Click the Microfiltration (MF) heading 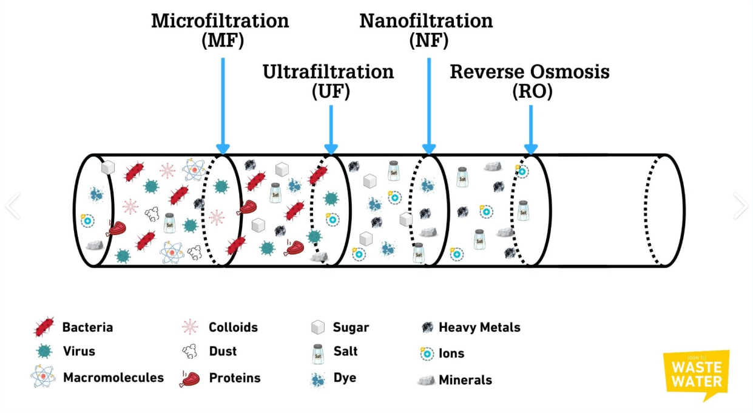[220, 30]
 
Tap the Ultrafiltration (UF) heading [328, 81]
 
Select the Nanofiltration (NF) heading [426, 30]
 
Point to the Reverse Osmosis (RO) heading [530, 81]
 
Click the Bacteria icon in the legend [44, 327]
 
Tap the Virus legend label [79, 351]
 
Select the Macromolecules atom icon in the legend [43, 377]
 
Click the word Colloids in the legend [233, 327]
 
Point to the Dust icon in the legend [190, 350]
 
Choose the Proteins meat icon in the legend [190, 378]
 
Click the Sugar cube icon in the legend [317, 327]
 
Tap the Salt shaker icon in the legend [317, 352]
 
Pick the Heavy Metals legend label [479, 327]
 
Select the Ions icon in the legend [427, 353]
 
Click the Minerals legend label [465, 380]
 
